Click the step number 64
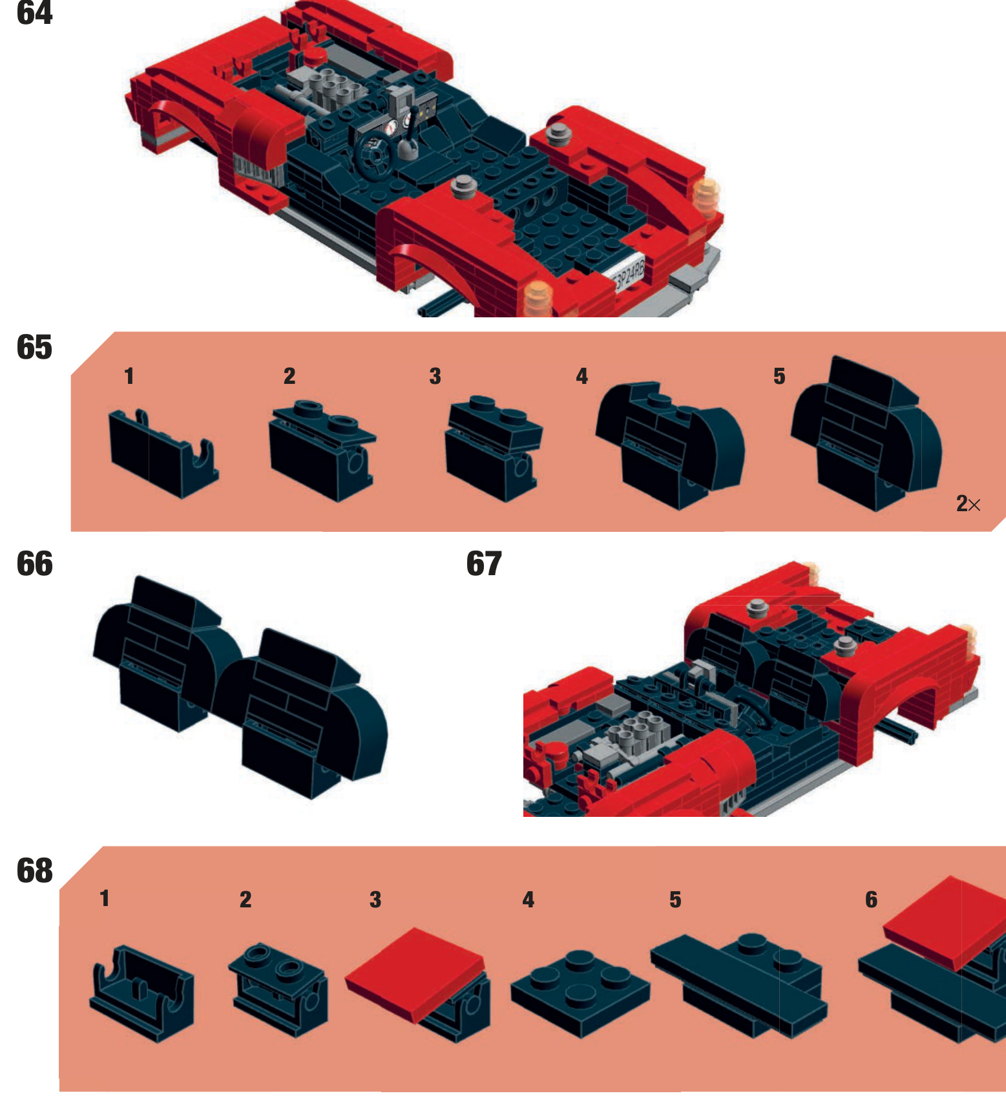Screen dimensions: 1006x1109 pyautogui.click(x=34, y=12)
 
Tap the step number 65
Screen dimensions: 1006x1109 pyautogui.click(x=34, y=347)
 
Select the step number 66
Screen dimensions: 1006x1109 pyautogui.click(x=34, y=564)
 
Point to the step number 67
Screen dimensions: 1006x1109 pyautogui.click(x=484, y=564)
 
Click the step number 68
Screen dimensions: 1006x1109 pyautogui.click(x=34, y=871)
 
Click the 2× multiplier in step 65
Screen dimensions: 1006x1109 pyautogui.click(x=968, y=503)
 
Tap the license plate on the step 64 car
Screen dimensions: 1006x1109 pyautogui.click(x=628, y=272)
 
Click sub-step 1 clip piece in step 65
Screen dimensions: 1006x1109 pyautogui.click(x=163, y=453)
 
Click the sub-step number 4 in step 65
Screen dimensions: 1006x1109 pyautogui.click(x=582, y=376)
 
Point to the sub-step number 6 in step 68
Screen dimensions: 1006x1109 pyautogui.click(x=871, y=900)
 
